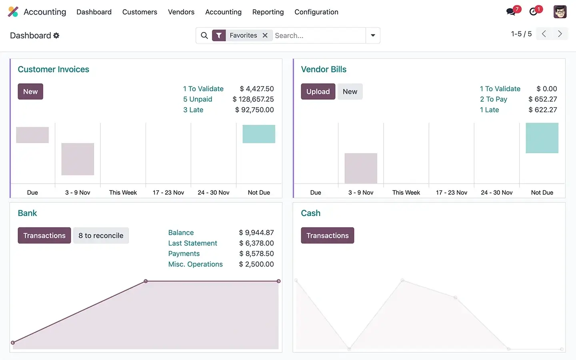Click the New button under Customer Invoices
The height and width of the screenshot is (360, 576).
click(x=30, y=92)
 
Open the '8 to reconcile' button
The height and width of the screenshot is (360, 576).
click(x=101, y=236)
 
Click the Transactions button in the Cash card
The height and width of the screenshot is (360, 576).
click(x=327, y=236)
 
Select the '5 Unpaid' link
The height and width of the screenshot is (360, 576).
click(x=198, y=99)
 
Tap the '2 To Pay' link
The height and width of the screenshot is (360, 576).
click(x=493, y=99)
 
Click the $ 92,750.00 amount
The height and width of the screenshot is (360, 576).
click(x=254, y=110)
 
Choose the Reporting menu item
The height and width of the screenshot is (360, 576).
click(x=268, y=12)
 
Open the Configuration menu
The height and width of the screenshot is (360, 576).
click(x=316, y=12)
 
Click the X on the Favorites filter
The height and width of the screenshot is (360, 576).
click(x=265, y=36)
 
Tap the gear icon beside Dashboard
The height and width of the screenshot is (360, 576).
click(x=56, y=36)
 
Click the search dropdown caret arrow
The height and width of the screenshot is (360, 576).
click(x=373, y=36)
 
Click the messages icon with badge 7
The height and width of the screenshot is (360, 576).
click(x=511, y=12)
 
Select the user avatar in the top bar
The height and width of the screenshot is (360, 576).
click(x=560, y=12)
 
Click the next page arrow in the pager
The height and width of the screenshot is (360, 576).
click(x=560, y=34)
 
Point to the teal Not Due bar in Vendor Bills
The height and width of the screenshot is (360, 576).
click(x=542, y=138)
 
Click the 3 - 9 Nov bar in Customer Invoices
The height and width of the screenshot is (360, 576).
click(x=78, y=159)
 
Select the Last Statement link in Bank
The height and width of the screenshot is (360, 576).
click(x=192, y=243)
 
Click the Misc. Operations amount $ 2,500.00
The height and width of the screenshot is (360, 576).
click(x=256, y=264)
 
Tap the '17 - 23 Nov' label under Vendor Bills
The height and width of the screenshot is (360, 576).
click(x=452, y=192)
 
